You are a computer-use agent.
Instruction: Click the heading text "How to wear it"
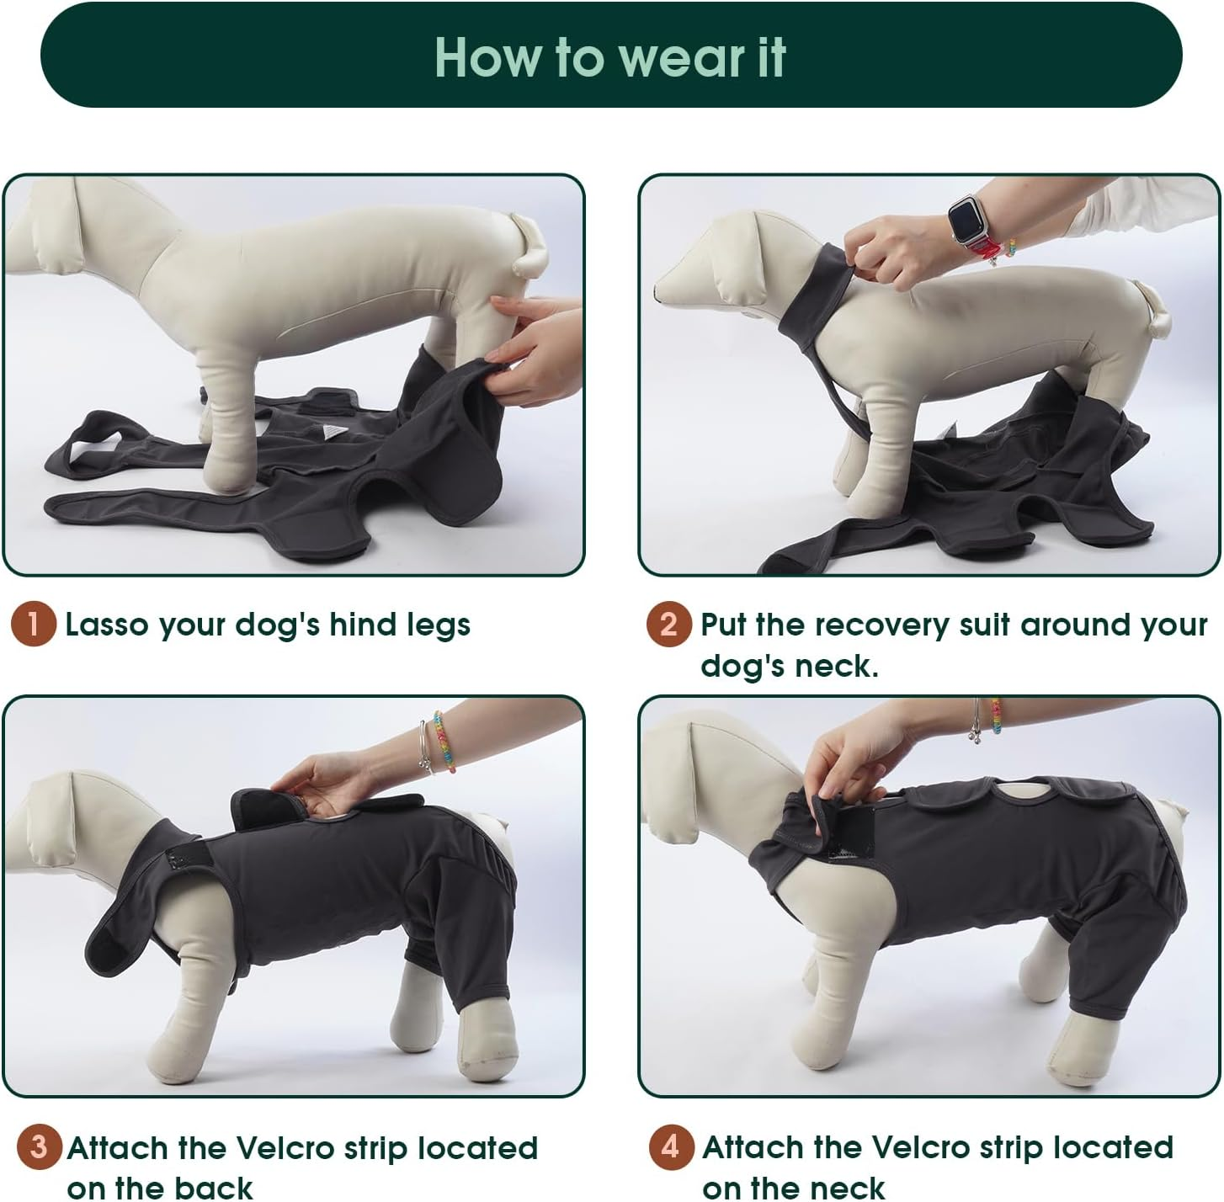click(x=610, y=57)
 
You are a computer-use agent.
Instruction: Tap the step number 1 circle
click(x=34, y=625)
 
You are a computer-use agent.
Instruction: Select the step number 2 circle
click(x=668, y=625)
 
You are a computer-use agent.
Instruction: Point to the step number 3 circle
click(x=39, y=1147)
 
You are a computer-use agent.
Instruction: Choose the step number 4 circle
click(x=671, y=1147)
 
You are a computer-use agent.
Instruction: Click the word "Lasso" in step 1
click(x=107, y=625)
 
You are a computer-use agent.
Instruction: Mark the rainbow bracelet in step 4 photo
click(x=996, y=715)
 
